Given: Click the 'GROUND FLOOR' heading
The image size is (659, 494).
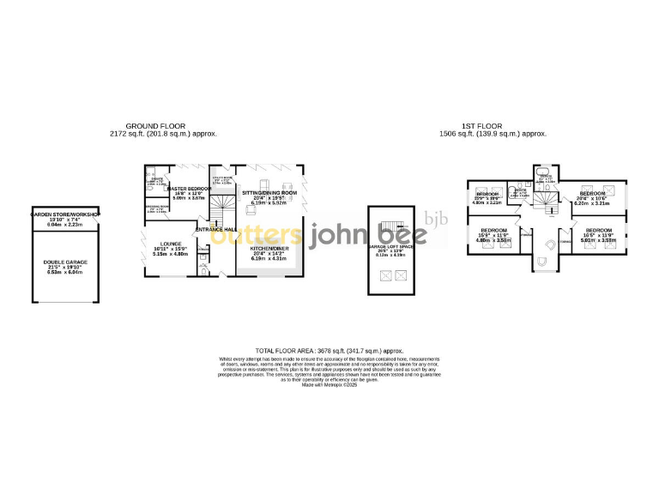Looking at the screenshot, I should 164,127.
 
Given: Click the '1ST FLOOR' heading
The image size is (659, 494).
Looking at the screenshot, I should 493,127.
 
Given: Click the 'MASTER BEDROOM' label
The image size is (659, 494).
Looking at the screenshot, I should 188,188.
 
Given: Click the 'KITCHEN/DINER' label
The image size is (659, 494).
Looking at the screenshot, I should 269,248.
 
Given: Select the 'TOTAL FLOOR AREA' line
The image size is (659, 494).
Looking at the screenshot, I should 329,351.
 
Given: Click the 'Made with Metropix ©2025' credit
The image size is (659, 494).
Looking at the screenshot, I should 329,385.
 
